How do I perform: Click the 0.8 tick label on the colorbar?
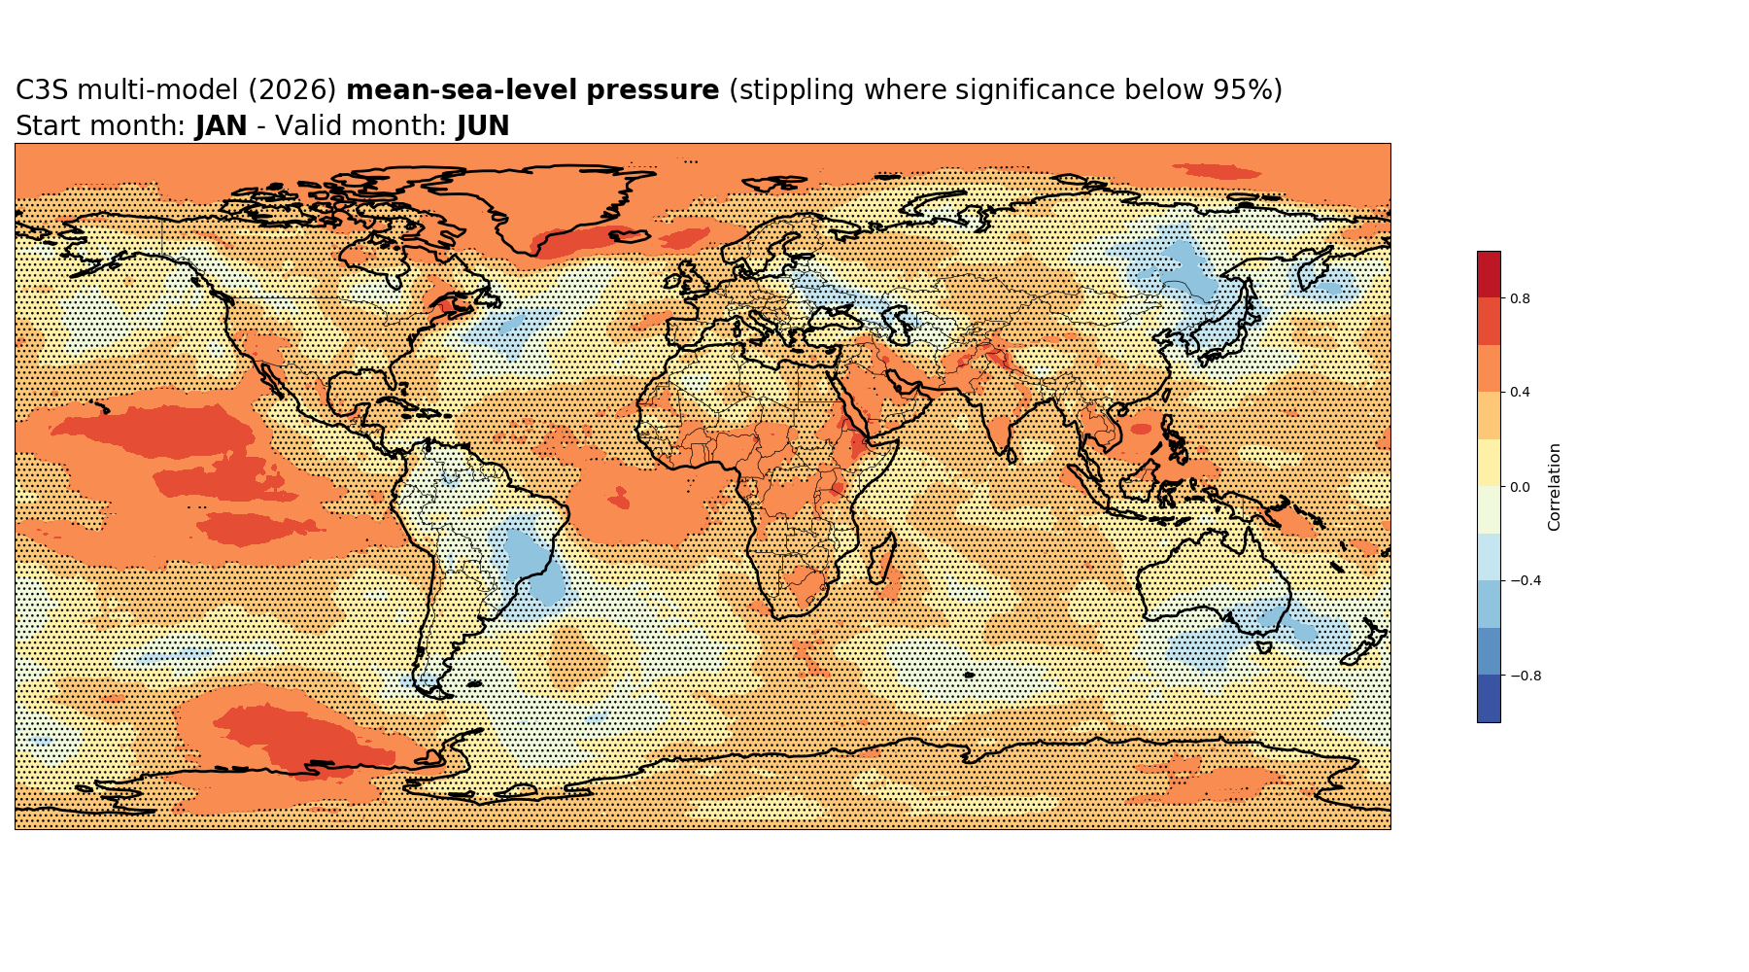tap(1520, 298)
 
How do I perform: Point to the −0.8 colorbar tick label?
tap(1522, 676)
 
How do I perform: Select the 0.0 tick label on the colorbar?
tap(1520, 487)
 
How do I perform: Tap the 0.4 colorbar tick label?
tap(1520, 393)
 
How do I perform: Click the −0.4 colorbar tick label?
tap(1522, 581)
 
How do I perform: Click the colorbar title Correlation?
tap(1555, 487)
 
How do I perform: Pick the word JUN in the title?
tap(483, 126)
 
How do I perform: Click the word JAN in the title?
tap(222, 126)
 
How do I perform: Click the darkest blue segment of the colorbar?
tap(1489, 699)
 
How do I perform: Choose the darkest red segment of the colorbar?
tap(1489, 275)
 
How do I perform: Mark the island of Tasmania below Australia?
tap(1263, 645)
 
